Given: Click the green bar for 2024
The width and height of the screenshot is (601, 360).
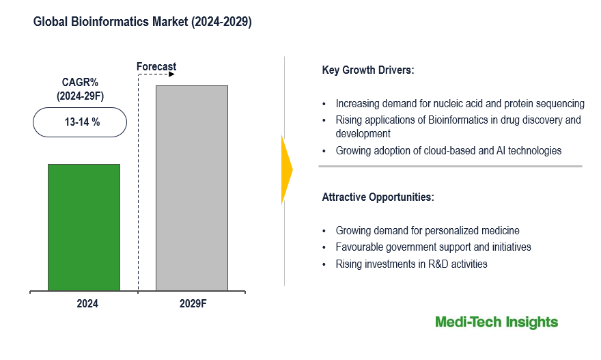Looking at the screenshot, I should tap(83, 227).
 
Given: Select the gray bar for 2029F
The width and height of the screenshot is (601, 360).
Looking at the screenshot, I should tap(191, 188).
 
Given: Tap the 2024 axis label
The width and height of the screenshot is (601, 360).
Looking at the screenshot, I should tap(87, 304).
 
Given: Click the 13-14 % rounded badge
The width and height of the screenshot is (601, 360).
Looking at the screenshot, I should tap(80, 122).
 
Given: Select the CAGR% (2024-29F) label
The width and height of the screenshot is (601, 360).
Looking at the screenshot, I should tap(80, 89).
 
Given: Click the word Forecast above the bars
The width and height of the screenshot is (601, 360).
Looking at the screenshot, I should tap(156, 66).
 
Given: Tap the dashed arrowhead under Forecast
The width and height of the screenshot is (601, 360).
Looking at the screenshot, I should tap(171, 74).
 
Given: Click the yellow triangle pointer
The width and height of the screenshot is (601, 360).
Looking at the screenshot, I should tap(286, 169).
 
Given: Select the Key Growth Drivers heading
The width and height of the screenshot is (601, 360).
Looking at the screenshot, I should tap(368, 70).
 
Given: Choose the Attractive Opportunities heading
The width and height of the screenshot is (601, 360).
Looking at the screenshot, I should tap(378, 197).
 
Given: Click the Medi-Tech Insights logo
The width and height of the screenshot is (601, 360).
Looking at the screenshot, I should tap(497, 322).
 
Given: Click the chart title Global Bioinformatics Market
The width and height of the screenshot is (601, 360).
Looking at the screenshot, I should tap(143, 23).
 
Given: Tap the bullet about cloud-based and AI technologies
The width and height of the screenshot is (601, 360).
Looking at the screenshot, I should tap(448, 150).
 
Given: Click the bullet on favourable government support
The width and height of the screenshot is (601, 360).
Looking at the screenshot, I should tap(433, 247).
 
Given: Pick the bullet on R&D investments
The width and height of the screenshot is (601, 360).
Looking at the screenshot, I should tap(411, 264).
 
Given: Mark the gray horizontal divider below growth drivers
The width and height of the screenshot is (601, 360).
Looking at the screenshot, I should tap(450, 166).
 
